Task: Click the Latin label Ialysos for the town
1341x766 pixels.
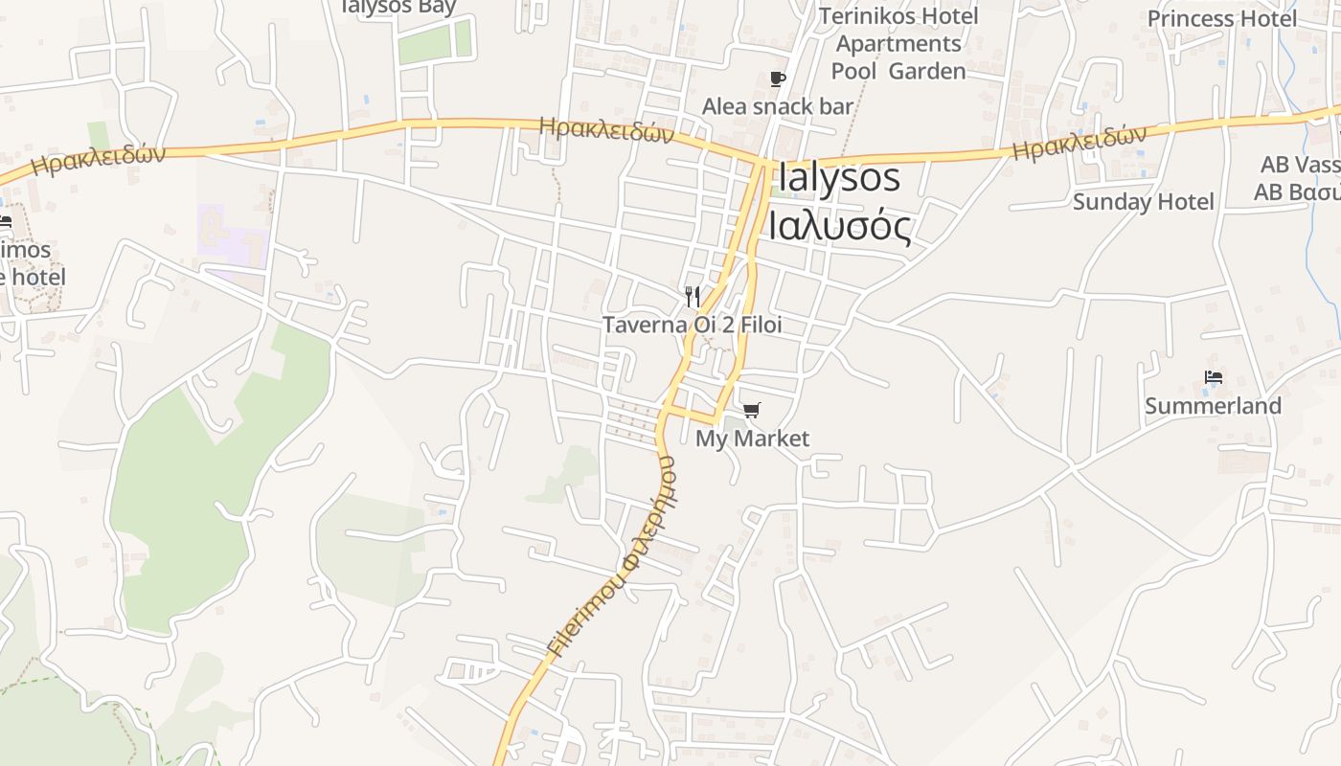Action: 839,178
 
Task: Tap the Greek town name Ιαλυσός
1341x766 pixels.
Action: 839,226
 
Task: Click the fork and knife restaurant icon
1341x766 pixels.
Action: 693,296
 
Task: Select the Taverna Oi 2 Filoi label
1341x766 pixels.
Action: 692,325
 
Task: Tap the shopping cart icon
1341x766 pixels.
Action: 752,410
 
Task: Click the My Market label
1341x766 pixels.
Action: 752,439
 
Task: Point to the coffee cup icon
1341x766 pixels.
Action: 778,79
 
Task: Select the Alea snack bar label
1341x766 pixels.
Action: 777,106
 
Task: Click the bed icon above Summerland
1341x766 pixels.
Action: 1214,377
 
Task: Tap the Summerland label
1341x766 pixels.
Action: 1213,406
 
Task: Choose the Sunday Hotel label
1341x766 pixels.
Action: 1143,202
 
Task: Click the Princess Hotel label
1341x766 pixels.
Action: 1223,18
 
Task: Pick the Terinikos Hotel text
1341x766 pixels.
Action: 898,16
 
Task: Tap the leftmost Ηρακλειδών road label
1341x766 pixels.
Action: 98,160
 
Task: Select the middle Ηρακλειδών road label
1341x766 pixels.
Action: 606,130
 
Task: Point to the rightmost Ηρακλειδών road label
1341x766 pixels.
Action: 1079,143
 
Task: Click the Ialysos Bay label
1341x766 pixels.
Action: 398,7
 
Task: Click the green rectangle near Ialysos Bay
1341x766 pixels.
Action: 435,42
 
